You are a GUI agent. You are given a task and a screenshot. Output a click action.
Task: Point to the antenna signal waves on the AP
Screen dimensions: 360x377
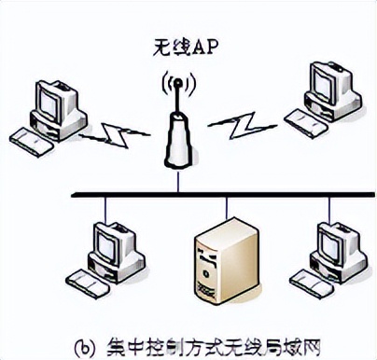click(177, 84)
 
